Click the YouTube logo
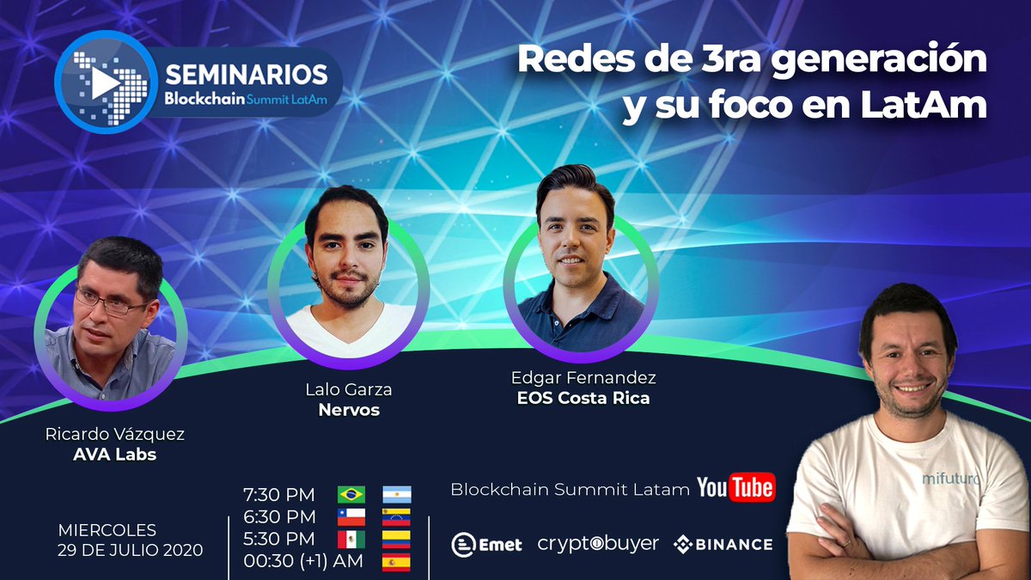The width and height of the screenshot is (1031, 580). (x=735, y=487)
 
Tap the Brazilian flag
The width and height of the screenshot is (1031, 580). (x=351, y=494)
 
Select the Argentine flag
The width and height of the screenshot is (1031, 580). (x=397, y=494)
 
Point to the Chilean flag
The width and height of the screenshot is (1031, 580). (x=351, y=516)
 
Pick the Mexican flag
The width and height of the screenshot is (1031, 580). (x=351, y=540)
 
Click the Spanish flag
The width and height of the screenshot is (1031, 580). (x=397, y=562)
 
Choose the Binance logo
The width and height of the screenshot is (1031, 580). (x=723, y=544)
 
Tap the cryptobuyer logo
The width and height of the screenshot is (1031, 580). (x=598, y=544)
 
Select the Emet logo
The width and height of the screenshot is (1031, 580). (x=486, y=544)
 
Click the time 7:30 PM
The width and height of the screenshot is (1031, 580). (x=278, y=495)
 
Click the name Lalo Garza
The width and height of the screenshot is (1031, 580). (x=349, y=389)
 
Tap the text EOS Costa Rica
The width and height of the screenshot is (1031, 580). (x=583, y=398)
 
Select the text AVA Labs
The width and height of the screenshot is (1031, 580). (x=115, y=455)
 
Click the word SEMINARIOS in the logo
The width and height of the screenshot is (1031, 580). (x=246, y=73)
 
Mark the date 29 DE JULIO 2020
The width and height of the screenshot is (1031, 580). (x=131, y=550)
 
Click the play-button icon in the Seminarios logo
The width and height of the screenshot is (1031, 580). (x=105, y=82)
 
